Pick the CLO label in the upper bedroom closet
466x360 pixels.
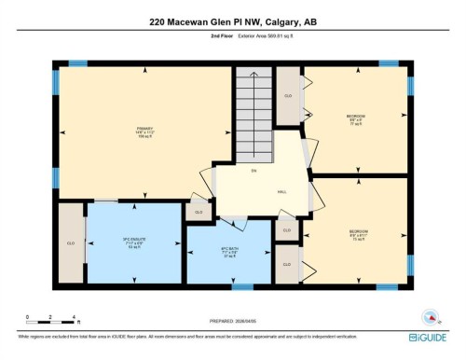289,95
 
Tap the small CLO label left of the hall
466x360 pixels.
197,213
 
